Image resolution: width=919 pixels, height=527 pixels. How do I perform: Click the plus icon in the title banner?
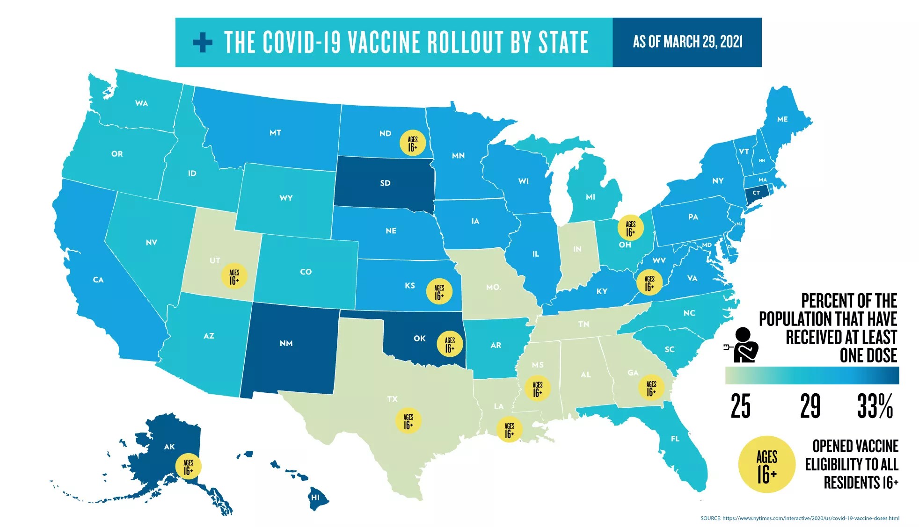click(x=202, y=43)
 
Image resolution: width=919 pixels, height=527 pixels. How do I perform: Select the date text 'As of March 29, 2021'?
click(x=687, y=42)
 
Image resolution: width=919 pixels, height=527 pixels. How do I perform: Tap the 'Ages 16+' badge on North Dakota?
click(x=413, y=143)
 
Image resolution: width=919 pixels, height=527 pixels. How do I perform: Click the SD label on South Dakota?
click(x=385, y=183)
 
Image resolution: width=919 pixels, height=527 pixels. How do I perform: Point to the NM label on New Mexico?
click(x=286, y=343)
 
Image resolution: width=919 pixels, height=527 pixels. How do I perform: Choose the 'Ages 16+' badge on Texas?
click(x=408, y=421)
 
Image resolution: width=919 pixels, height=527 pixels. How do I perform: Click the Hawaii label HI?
click(x=315, y=497)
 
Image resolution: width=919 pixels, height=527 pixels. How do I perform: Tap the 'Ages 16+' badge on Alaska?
click(x=188, y=466)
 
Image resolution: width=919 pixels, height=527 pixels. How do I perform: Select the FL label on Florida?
click(x=675, y=439)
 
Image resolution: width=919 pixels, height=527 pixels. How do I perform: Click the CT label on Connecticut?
click(x=756, y=193)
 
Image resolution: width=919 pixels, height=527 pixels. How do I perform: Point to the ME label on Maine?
click(x=782, y=119)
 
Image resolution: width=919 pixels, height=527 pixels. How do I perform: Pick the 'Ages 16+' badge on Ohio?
click(x=631, y=228)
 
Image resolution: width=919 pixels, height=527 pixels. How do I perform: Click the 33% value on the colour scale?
click(x=875, y=406)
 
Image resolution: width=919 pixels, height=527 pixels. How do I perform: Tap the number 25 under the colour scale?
click(x=740, y=406)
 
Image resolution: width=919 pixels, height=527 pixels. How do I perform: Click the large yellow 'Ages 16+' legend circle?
click(x=766, y=465)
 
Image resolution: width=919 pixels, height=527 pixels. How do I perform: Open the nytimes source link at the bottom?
click(x=800, y=518)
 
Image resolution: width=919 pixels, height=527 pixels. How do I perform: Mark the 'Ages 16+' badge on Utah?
click(x=234, y=276)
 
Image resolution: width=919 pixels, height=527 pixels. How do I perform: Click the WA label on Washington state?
click(x=141, y=103)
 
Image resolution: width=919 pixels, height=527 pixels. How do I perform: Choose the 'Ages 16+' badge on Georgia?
click(x=651, y=388)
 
